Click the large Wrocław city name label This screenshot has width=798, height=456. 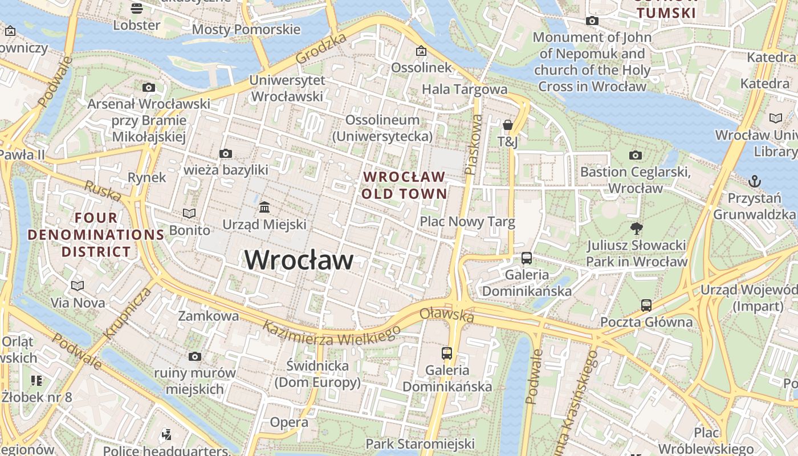[299, 260]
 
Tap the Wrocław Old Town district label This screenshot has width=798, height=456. [404, 185]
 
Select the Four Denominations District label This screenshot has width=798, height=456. [96, 234]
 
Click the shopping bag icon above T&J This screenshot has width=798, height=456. [507, 124]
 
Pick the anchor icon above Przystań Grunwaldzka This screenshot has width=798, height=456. [754, 181]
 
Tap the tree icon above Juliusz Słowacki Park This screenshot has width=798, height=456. [636, 229]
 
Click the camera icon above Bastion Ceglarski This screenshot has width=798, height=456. [635, 155]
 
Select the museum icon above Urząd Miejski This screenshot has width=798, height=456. [264, 207]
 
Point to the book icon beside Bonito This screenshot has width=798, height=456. [189, 213]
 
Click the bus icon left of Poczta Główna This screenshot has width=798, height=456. [646, 305]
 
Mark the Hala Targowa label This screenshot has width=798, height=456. [465, 89]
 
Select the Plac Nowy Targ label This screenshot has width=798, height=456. [467, 221]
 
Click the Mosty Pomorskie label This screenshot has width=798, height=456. [246, 29]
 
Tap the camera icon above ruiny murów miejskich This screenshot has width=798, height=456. [195, 356]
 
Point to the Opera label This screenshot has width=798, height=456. [289, 422]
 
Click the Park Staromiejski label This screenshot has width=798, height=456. [420, 443]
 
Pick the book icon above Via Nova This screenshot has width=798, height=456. [78, 286]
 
